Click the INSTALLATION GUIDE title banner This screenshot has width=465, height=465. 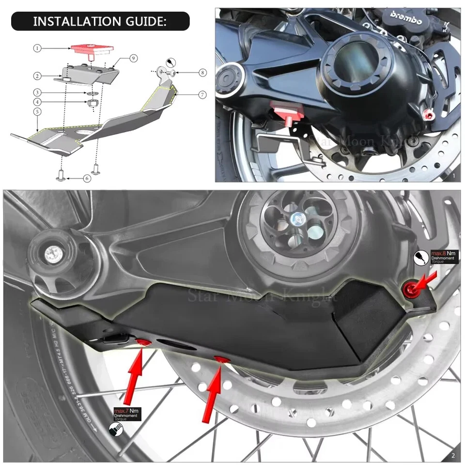coord(100,22)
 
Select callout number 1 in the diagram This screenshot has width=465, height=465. coord(37,48)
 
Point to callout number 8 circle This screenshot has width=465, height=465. coord(202,73)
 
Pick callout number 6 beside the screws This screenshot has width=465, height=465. coord(87,178)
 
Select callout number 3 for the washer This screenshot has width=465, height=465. coord(37,92)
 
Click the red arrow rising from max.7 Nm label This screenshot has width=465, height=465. coord(135,373)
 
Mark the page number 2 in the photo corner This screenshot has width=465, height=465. coord(452,455)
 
